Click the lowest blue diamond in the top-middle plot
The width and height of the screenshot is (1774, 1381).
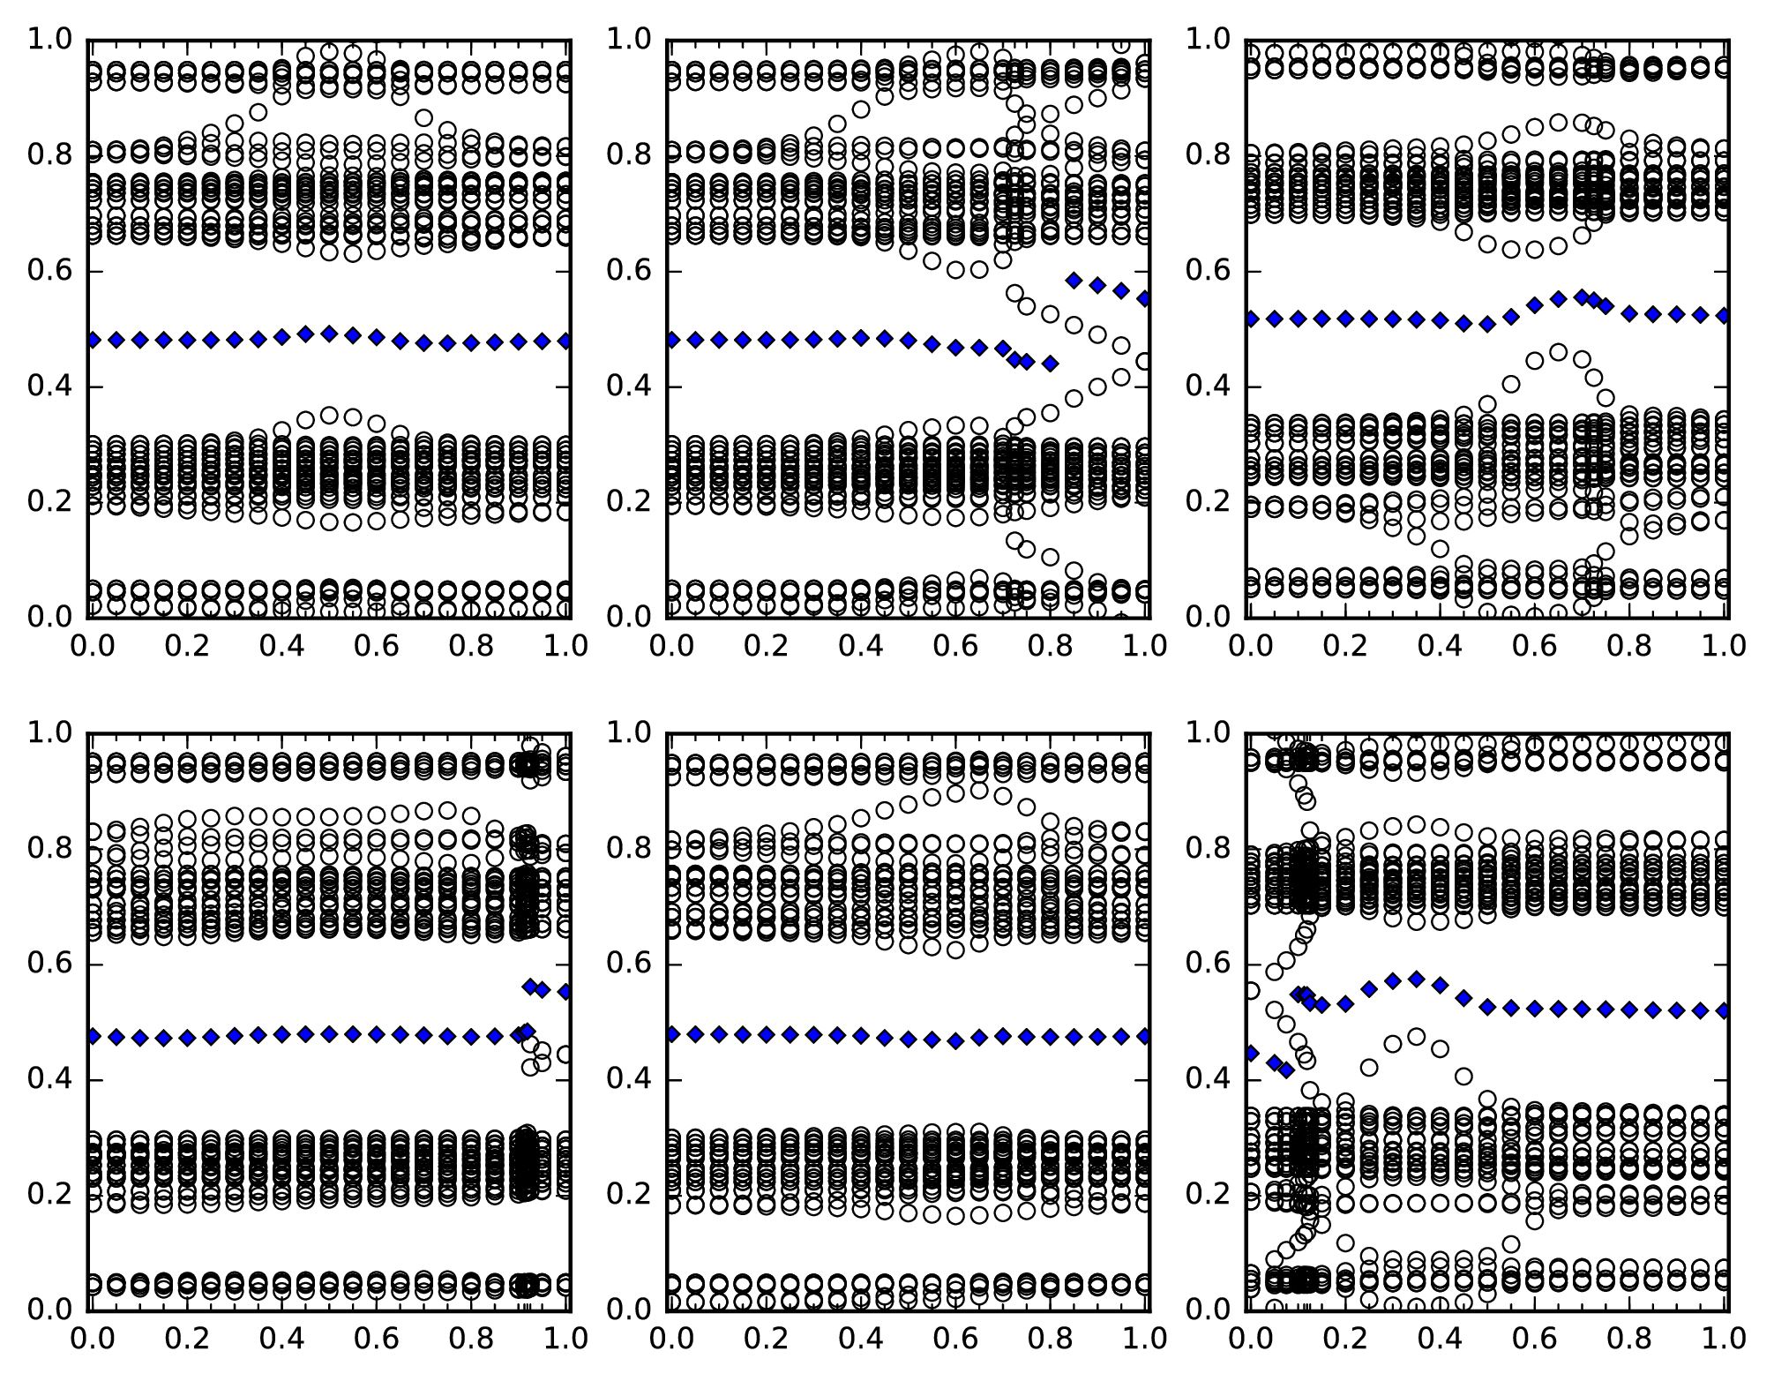tap(1050, 363)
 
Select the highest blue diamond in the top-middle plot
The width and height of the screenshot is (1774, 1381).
tap(1074, 281)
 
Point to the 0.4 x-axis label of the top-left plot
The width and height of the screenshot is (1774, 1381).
tap(281, 647)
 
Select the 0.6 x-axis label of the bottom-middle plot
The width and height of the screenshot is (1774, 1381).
tap(955, 1340)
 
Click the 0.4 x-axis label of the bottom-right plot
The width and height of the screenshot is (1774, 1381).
tap(1439, 1340)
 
